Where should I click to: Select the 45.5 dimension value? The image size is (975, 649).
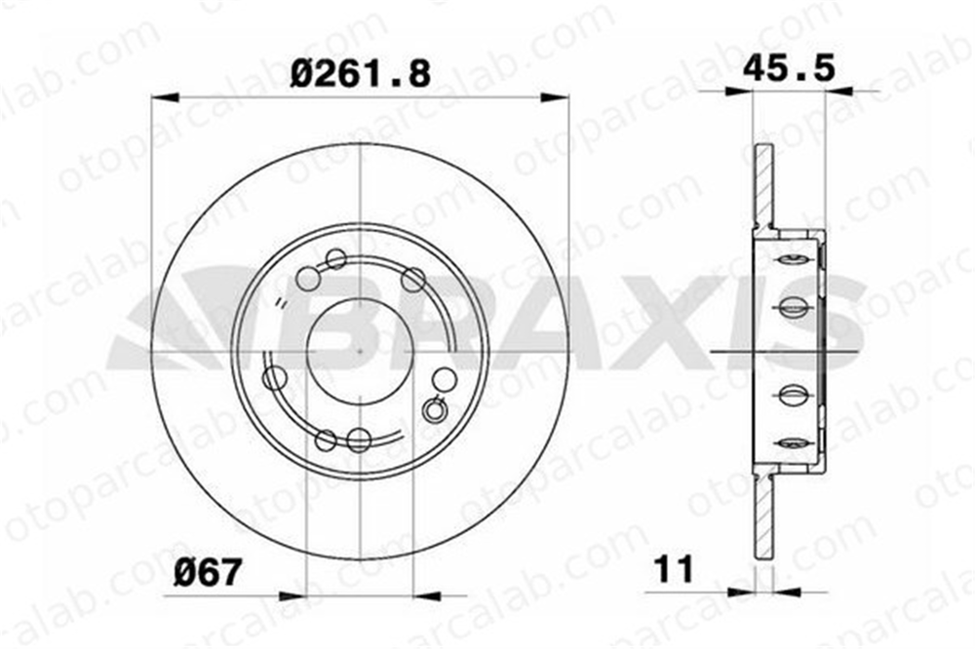(789, 67)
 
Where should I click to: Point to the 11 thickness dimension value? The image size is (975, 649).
(674, 569)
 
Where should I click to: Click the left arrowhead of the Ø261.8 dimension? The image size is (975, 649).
(166, 97)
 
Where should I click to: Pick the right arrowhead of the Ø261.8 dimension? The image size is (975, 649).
(555, 97)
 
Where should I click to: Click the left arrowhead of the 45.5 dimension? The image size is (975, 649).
(740, 92)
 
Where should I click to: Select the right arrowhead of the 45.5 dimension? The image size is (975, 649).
(838, 92)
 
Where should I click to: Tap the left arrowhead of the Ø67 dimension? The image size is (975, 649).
(293, 595)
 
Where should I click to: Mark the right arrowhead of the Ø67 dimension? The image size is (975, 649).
(427, 595)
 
